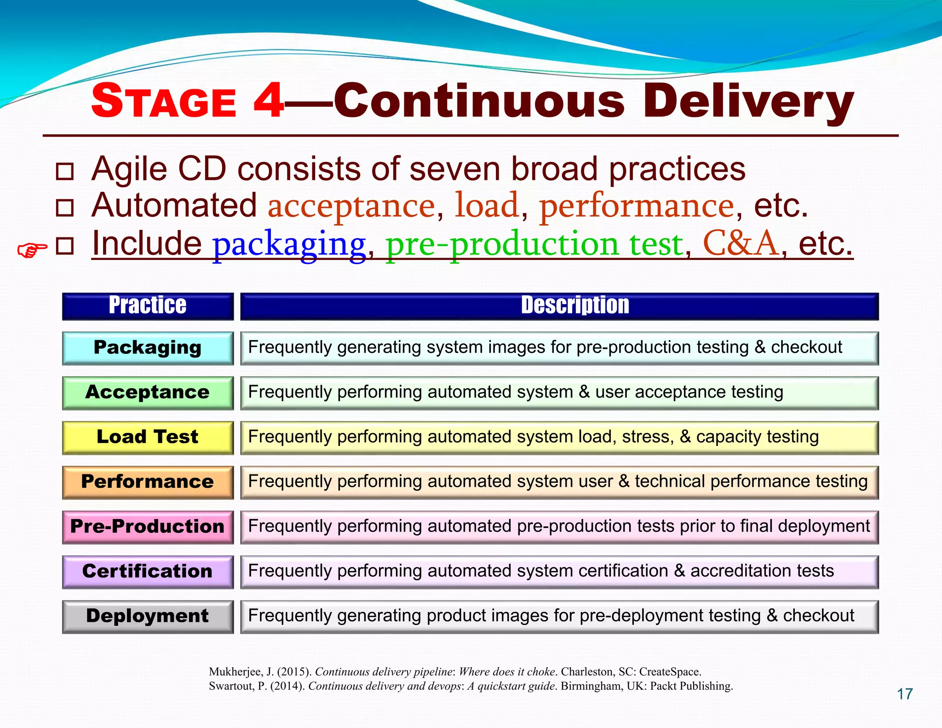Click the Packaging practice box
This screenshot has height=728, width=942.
pyautogui.click(x=148, y=348)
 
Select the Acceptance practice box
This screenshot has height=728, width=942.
pyautogui.click(x=148, y=393)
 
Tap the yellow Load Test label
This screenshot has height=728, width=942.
pyautogui.click(x=148, y=437)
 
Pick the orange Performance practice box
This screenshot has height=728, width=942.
pyautogui.click(x=148, y=482)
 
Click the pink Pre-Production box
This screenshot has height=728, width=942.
pyautogui.click(x=148, y=526)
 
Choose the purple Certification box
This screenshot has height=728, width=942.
pyautogui.click(x=148, y=572)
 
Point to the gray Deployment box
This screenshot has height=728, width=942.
pyautogui.click(x=148, y=616)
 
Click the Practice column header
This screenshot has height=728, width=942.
pyautogui.click(x=148, y=306)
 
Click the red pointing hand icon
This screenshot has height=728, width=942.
pyautogui.click(x=32, y=250)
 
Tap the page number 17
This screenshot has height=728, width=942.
pyautogui.click(x=905, y=694)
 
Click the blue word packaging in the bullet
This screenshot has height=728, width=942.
pyautogui.click(x=288, y=244)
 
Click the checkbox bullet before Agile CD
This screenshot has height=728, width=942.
pyautogui.click(x=64, y=171)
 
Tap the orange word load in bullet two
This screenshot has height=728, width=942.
pyautogui.click(x=487, y=206)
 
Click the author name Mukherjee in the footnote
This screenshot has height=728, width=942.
pyautogui.click(x=235, y=671)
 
